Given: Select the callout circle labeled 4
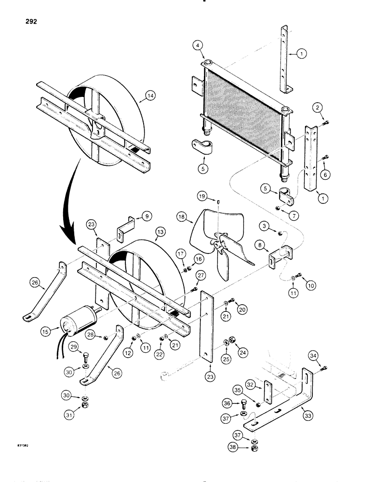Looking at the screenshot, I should click(x=197, y=46).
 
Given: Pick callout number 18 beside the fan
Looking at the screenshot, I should click(x=182, y=218).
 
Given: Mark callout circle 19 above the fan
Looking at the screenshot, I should click(x=203, y=196).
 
